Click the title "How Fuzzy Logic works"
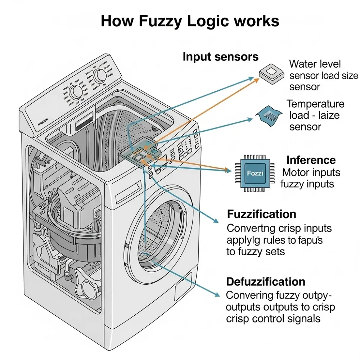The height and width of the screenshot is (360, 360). tap(190, 21)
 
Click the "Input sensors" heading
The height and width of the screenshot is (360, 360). tap(220, 57)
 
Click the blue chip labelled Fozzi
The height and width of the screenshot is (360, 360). tap(255, 173)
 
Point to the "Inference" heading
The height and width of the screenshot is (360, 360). tap(311, 160)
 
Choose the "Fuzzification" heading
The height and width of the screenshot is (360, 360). tap(261, 214)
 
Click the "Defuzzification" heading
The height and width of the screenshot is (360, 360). tap(266, 282)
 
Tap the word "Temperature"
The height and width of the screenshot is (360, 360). tap(315, 104)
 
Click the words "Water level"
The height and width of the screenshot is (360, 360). tap(315, 64)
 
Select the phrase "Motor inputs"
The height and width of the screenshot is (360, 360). tap(311, 172)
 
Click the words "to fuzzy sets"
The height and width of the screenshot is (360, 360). tap(256, 251)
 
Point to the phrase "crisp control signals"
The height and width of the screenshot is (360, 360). tap(273, 319)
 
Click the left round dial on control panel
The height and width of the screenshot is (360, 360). tap(76, 92)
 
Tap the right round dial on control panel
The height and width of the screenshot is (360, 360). tap(100, 76)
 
